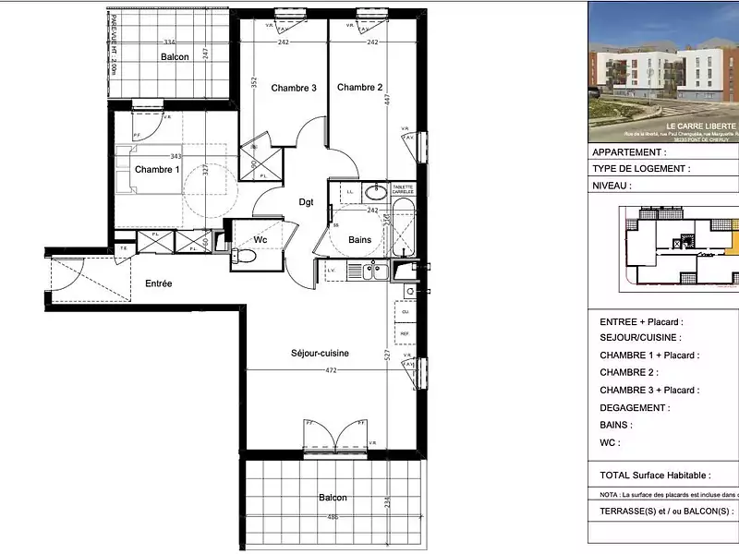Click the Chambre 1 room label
156,170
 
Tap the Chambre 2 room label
359,88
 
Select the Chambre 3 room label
294,89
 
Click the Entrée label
158,283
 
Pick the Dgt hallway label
306,202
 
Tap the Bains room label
359,240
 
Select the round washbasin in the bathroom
375,194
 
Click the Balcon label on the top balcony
175,57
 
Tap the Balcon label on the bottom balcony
333,498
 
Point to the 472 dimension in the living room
330,371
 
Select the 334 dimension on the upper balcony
169,42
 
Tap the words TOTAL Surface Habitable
655,476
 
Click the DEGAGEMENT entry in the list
635,407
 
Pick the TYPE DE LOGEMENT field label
640,169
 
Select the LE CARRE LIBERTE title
701,125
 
